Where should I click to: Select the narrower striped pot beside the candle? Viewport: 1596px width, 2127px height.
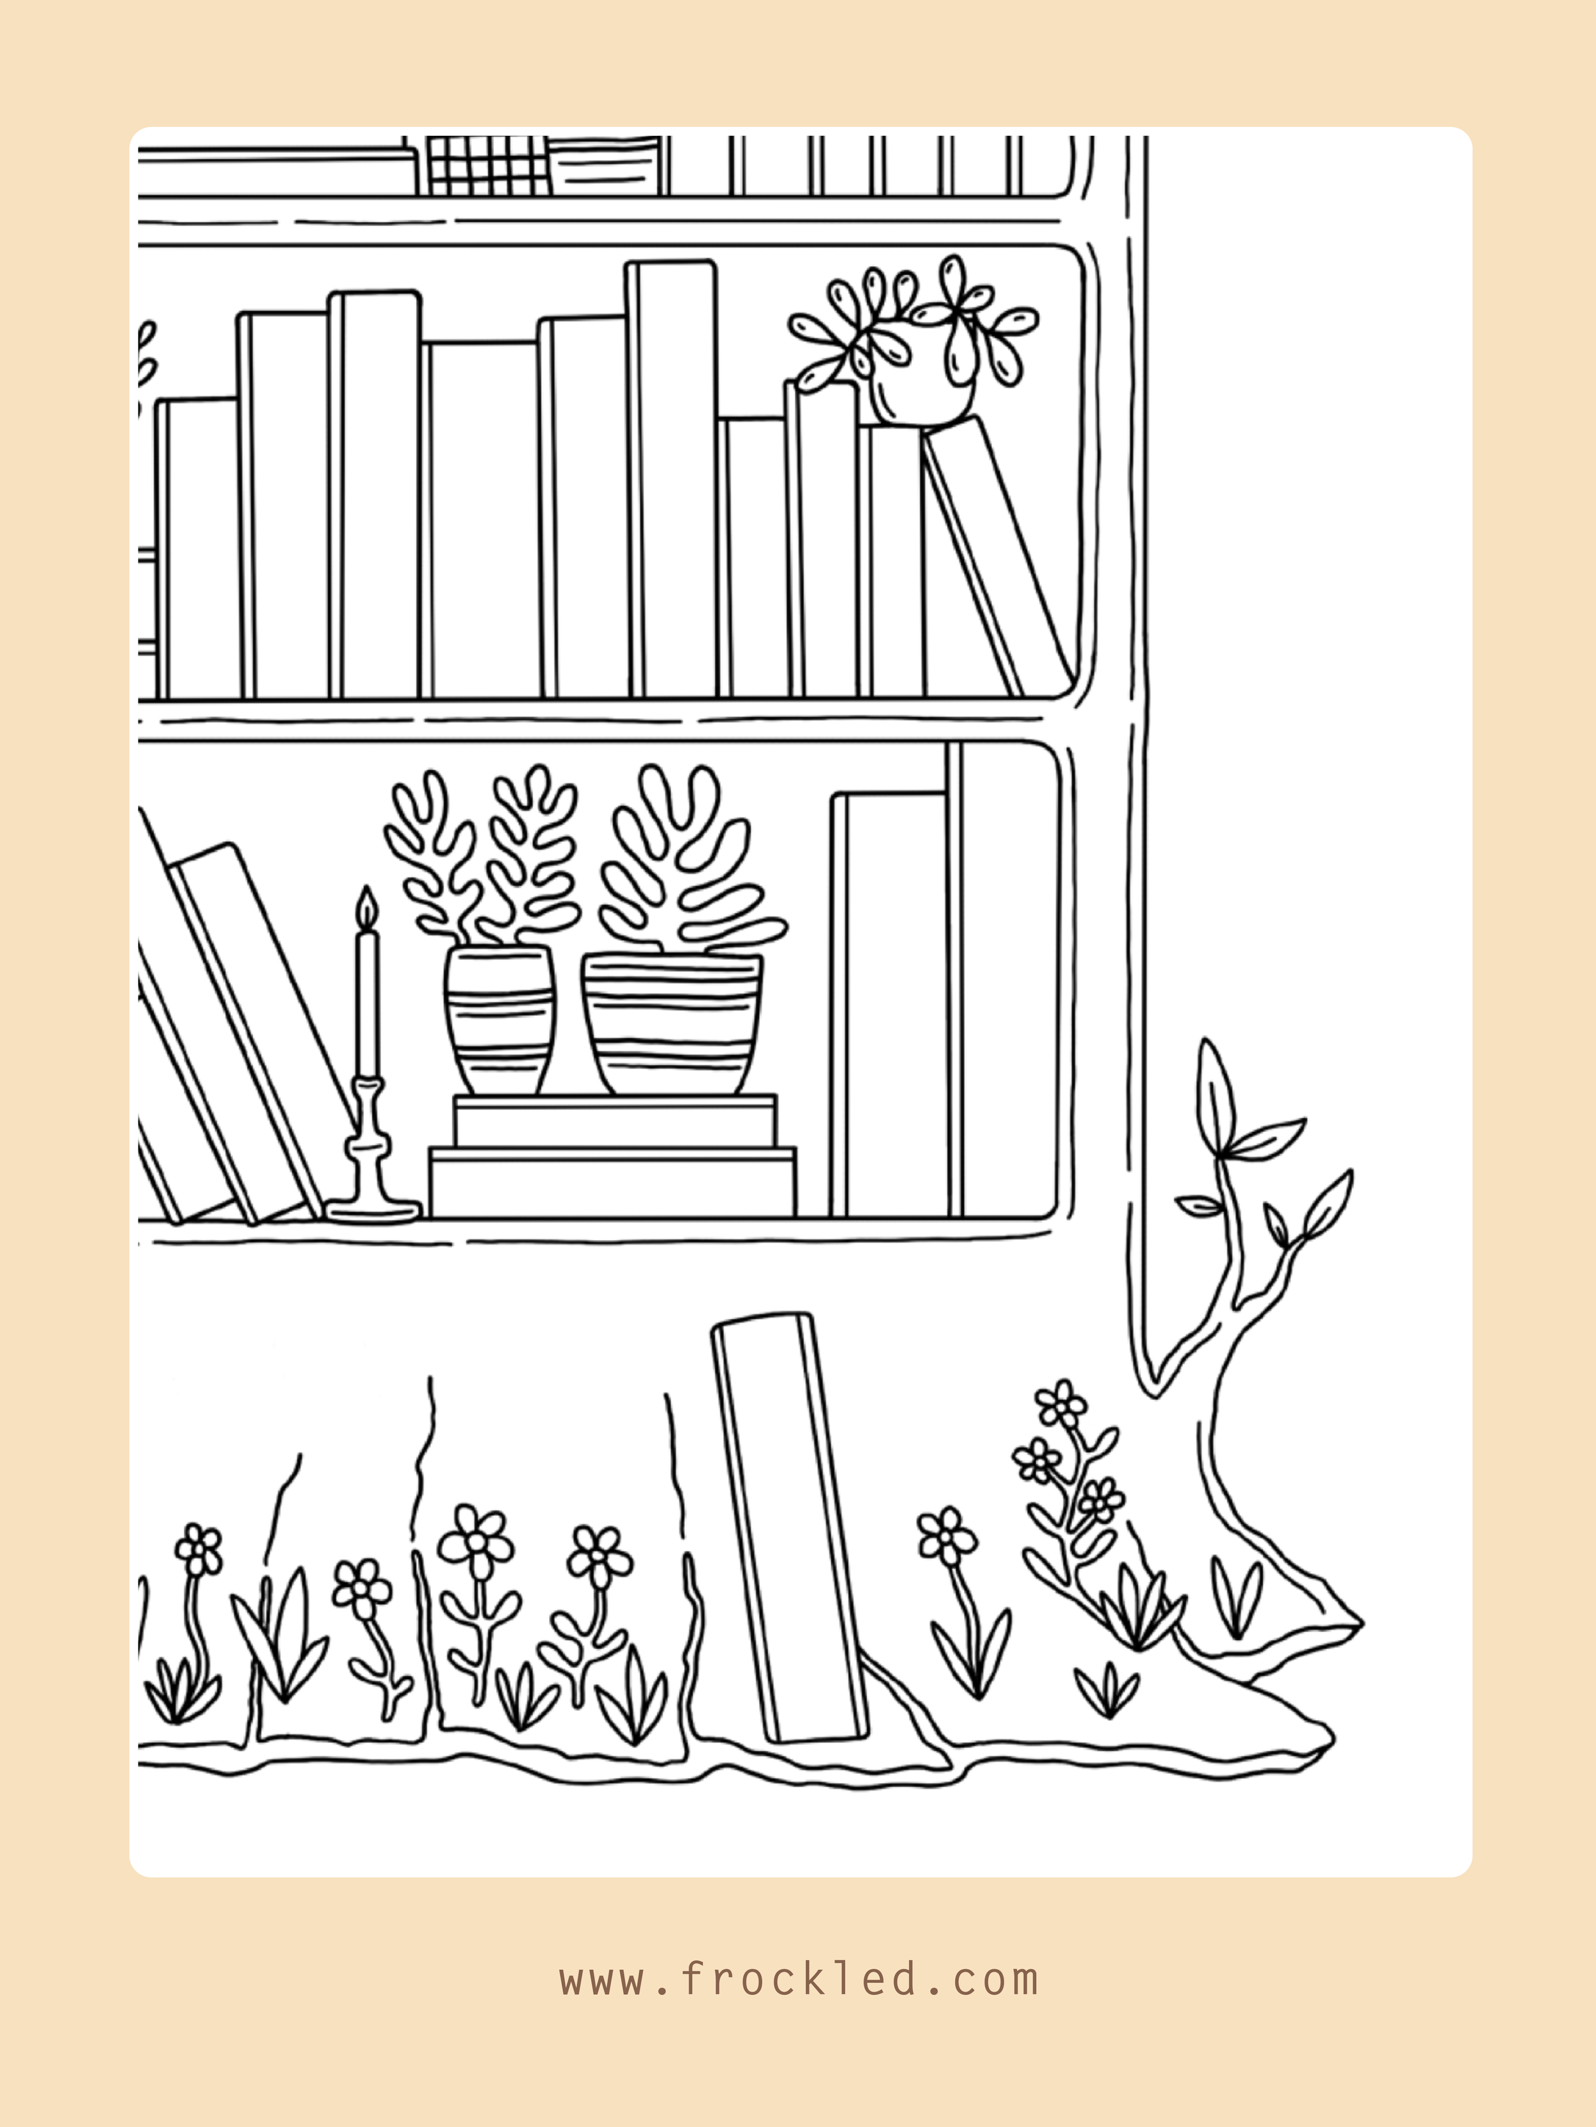pos(499,1019)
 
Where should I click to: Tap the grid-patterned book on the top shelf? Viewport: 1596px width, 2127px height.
pos(487,165)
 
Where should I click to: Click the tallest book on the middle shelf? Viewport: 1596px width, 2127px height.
pos(672,481)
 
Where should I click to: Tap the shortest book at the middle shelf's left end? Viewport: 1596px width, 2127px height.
pos(200,548)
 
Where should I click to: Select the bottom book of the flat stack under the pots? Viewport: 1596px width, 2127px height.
pos(613,1182)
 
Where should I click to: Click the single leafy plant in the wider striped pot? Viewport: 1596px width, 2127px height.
pos(688,856)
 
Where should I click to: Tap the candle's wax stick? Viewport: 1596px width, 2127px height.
pos(366,1000)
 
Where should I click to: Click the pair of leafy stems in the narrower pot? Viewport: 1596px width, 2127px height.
pos(481,856)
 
